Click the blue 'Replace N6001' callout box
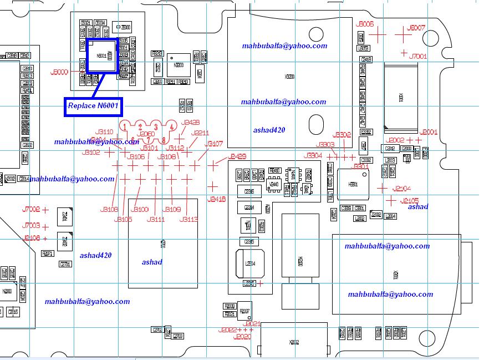point(93,105)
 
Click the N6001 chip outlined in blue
point(101,56)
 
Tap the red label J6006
point(365,24)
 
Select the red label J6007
point(416,28)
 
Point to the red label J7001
point(417,57)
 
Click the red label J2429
point(237,156)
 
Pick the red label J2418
point(216,199)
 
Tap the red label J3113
point(188,220)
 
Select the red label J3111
point(156,220)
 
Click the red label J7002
point(31,210)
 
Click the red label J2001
point(429,133)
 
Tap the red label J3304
point(313,156)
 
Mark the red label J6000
point(59,72)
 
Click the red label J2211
point(200,133)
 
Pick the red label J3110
point(104,132)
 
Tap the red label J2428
point(190,123)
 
